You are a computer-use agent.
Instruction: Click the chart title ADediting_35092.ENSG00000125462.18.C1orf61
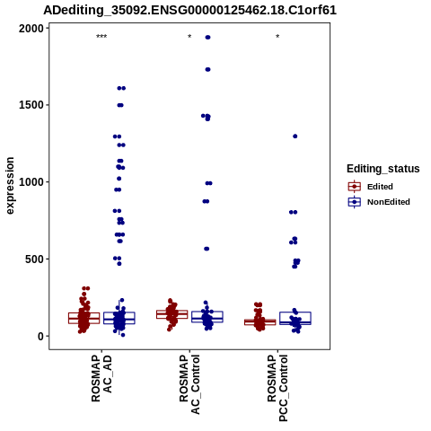189,11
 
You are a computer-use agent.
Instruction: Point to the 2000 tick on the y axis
31,29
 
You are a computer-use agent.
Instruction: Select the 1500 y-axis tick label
31,105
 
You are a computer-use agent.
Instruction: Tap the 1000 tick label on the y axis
31,182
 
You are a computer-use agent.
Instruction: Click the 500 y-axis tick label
34,259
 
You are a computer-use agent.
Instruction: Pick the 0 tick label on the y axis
40,337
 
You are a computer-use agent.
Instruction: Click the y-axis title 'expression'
10,186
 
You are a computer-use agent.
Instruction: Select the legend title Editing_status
383,169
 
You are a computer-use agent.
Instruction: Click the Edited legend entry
371,187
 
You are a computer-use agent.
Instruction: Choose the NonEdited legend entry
379,202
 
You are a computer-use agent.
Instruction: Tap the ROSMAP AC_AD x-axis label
101,378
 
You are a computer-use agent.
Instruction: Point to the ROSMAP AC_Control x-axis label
189,384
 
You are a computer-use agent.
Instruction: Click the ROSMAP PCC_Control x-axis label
277,388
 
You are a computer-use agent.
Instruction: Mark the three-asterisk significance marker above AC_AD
101,37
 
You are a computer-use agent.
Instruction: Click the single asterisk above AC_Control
189,37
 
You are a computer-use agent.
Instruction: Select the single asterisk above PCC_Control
277,37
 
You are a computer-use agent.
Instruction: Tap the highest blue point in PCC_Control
295,136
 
